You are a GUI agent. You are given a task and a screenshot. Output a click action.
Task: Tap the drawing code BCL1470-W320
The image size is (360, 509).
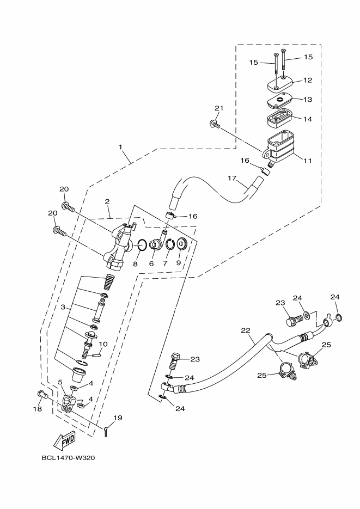tap(68, 457)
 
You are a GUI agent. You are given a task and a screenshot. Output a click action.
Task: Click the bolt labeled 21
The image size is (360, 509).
tap(214, 125)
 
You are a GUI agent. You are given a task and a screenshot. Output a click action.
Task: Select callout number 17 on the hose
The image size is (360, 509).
tap(231, 178)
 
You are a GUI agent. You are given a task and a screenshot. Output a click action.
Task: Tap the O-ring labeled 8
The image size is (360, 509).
tap(140, 246)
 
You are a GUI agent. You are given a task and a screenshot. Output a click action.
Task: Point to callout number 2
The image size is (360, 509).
tap(108, 201)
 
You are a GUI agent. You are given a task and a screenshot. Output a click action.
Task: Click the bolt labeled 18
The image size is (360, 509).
tap(40, 394)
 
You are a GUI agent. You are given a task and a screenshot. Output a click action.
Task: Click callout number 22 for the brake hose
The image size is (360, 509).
tap(245, 330)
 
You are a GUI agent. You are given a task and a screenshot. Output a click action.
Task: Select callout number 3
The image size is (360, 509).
tap(63, 308)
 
